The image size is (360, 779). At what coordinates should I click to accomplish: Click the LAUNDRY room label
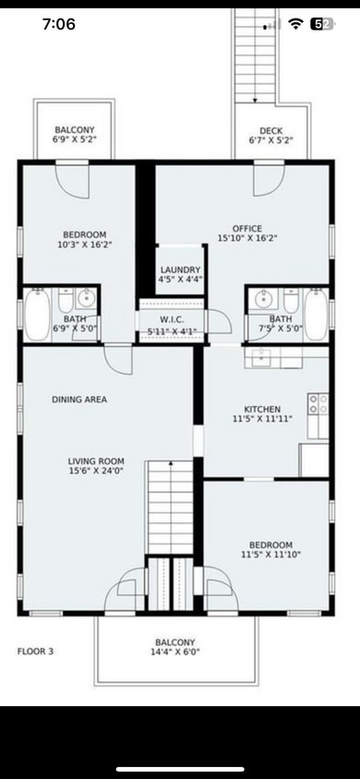tap(179, 270)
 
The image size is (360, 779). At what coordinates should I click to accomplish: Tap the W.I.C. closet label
tap(173, 319)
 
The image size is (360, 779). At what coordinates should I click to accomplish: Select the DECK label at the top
tap(270, 131)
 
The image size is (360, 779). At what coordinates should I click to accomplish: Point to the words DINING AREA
tap(79, 400)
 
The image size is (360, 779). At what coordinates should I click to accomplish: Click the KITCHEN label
tap(262, 409)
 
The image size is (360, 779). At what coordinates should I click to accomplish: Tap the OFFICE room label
tap(246, 228)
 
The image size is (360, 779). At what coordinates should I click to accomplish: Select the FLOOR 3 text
tap(36, 651)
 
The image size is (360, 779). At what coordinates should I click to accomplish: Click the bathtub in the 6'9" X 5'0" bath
tap(38, 315)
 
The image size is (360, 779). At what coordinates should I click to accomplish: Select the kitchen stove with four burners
tap(318, 403)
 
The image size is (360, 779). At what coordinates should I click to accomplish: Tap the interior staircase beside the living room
tap(170, 508)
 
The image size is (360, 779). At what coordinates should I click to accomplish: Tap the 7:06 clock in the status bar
tap(59, 24)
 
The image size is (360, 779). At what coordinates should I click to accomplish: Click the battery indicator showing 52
tap(322, 24)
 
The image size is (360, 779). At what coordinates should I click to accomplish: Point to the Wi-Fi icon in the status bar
tap(295, 24)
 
